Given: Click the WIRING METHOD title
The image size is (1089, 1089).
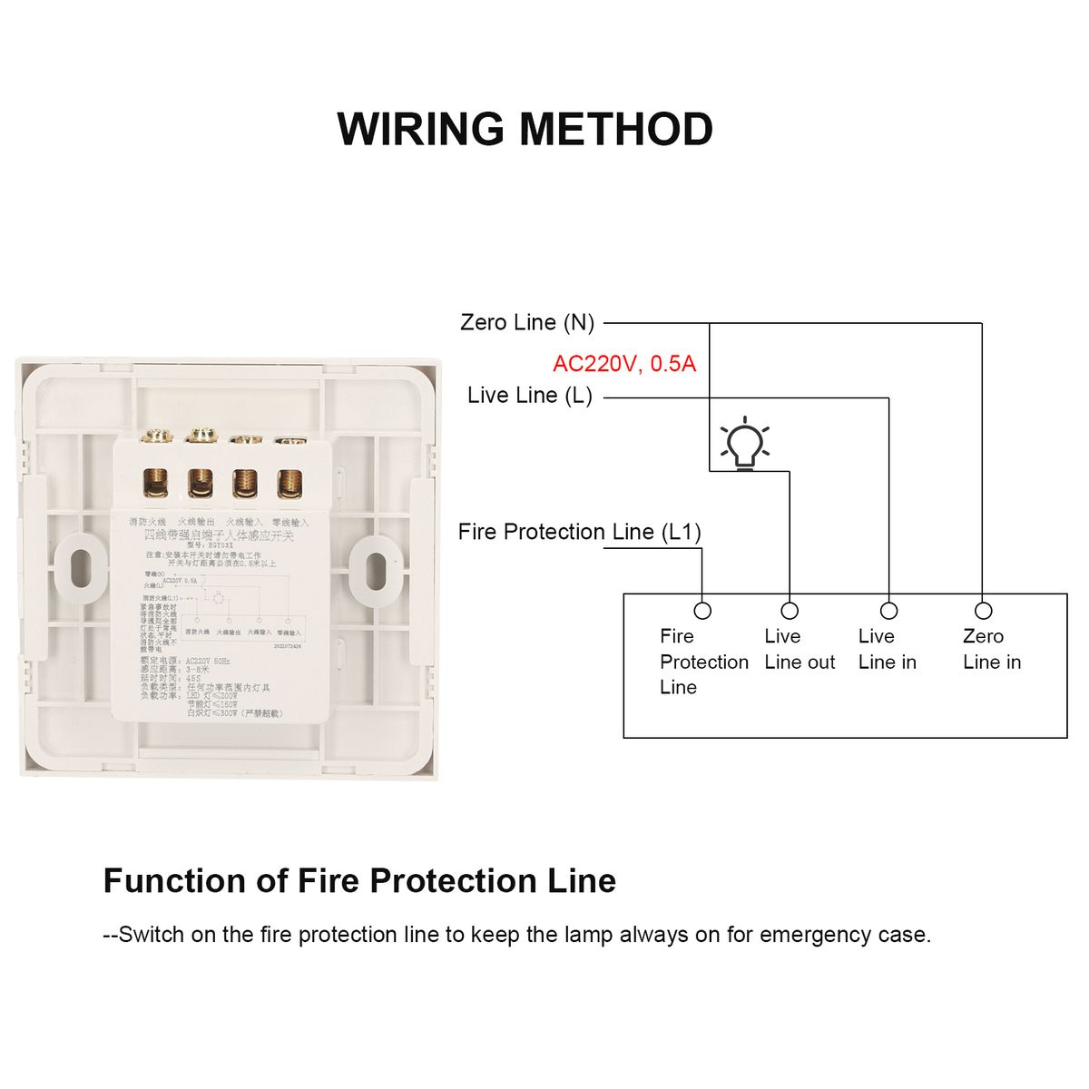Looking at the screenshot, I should (x=525, y=129).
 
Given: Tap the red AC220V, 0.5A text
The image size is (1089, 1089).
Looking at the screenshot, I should (x=624, y=364).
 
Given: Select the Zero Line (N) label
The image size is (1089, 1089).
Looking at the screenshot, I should (x=527, y=322).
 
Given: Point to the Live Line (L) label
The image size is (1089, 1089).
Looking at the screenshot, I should (x=530, y=396).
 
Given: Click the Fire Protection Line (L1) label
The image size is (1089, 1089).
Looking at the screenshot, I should (x=579, y=532).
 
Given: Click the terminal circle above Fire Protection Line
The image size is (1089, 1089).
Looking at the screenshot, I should (x=702, y=611).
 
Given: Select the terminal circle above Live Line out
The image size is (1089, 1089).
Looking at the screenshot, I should (x=790, y=611).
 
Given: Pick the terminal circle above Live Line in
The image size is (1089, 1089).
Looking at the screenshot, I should (x=889, y=611).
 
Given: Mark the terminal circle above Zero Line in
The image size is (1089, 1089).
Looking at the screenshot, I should (x=984, y=611).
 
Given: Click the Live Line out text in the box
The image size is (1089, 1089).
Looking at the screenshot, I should (x=800, y=650).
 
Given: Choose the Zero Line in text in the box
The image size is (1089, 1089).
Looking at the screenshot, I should (x=992, y=650).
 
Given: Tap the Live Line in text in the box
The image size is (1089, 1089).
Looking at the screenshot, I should (x=888, y=650).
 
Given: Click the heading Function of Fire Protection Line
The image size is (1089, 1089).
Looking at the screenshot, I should (x=359, y=881).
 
